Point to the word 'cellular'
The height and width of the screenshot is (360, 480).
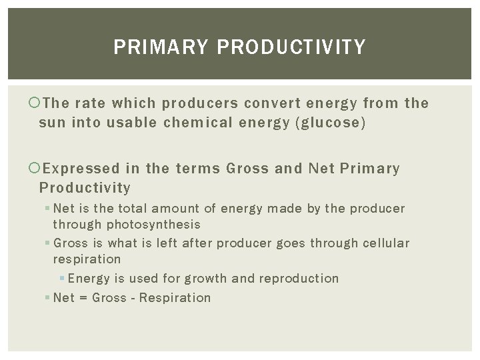point(386,242)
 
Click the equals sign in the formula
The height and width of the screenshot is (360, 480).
point(83,297)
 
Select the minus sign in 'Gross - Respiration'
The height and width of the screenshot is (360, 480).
point(134,297)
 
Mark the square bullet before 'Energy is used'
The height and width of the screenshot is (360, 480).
point(62,278)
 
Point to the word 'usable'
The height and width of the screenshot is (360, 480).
point(107,123)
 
